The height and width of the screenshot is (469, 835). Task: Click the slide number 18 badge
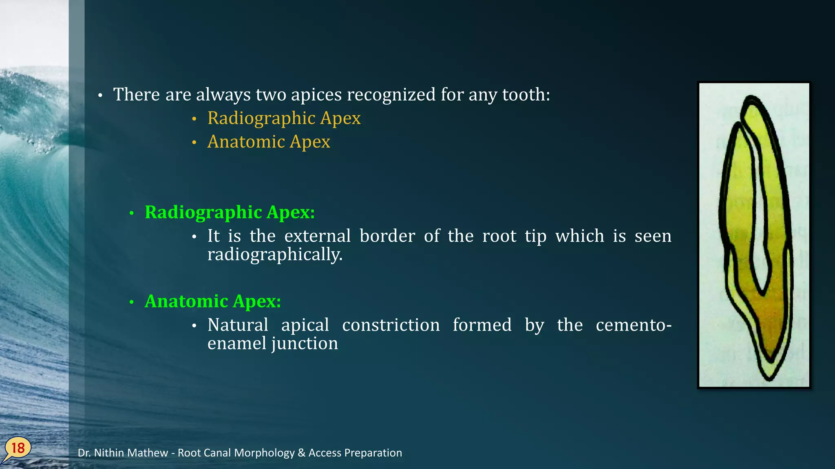click(18, 448)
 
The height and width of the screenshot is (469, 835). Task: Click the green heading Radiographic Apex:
click(230, 212)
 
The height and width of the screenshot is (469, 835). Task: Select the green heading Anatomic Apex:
click(212, 301)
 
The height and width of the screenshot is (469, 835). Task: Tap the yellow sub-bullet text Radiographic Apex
click(284, 118)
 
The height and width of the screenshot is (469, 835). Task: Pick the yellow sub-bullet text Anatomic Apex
click(268, 142)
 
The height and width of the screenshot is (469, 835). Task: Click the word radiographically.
click(275, 254)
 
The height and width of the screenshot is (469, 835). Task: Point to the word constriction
click(391, 325)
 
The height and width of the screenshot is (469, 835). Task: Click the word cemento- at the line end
click(633, 325)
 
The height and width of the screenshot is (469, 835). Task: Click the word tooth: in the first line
click(526, 94)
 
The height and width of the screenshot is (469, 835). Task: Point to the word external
click(317, 236)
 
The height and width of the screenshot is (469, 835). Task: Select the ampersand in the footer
click(301, 453)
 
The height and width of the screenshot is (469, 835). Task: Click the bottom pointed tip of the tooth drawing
click(769, 378)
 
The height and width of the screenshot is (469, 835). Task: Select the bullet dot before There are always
click(100, 96)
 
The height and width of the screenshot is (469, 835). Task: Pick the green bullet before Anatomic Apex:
click(131, 302)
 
